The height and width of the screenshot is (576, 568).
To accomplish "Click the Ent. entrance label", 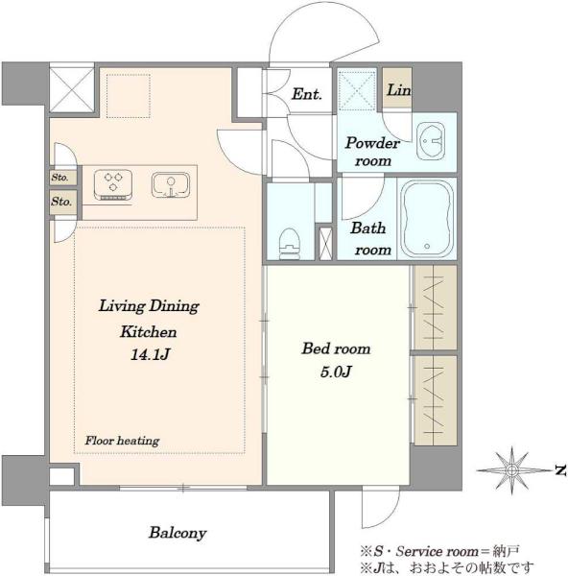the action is pyautogui.click(x=307, y=94).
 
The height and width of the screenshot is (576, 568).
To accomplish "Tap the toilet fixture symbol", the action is pyautogui.click(x=290, y=244).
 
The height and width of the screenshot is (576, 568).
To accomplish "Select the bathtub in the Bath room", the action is pyautogui.click(x=427, y=219).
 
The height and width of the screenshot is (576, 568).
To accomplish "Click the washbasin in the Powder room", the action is pyautogui.click(x=431, y=141).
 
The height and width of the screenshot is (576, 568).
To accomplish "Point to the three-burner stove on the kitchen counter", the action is pyautogui.click(x=113, y=184).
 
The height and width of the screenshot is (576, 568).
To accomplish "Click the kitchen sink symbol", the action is pyautogui.click(x=171, y=185).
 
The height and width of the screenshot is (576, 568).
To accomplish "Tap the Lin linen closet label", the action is pyautogui.click(x=399, y=90).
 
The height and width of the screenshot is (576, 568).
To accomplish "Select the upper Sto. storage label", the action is pyautogui.click(x=59, y=178).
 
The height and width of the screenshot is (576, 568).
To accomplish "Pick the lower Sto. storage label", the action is pyautogui.click(x=61, y=202).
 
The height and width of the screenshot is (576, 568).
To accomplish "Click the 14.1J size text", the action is pyautogui.click(x=150, y=354).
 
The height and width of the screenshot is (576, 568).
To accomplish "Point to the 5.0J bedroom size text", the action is pyautogui.click(x=336, y=372).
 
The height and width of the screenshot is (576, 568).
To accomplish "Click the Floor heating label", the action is pyautogui.click(x=122, y=441).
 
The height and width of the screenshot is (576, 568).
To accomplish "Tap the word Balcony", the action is pyautogui.click(x=177, y=533).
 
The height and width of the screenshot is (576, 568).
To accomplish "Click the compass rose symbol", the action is pyautogui.click(x=511, y=469).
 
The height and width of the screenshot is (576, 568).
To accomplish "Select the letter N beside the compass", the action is pyautogui.click(x=560, y=470).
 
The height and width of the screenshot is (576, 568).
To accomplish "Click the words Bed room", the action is pyautogui.click(x=336, y=348).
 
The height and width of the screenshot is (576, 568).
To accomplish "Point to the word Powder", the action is pyautogui.click(x=372, y=143).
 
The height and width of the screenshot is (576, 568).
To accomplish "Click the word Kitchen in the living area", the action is pyautogui.click(x=149, y=332).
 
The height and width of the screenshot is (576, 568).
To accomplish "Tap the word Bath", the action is pyautogui.click(x=367, y=228).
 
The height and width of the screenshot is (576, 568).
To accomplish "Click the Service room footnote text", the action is pyautogui.click(x=438, y=551).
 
